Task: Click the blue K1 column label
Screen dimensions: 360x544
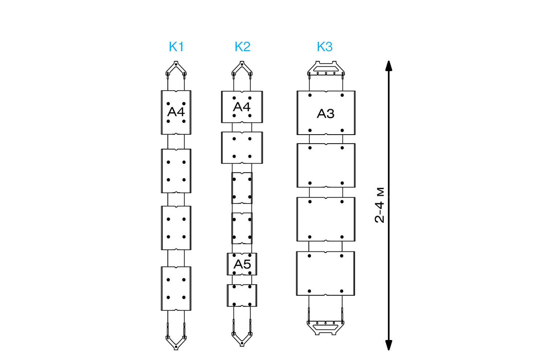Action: pyautogui.click(x=176, y=47)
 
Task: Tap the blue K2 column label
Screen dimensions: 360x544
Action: pyautogui.click(x=242, y=47)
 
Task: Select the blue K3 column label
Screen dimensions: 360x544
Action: pyautogui.click(x=325, y=47)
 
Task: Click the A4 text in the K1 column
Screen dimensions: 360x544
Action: pyautogui.click(x=176, y=112)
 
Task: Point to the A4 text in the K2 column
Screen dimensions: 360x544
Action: pyautogui.click(x=242, y=107)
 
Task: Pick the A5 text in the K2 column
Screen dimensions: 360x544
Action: pyautogui.click(x=242, y=264)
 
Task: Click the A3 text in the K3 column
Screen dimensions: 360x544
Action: pyautogui.click(x=326, y=114)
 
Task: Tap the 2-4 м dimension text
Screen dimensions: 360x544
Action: pyautogui.click(x=380, y=205)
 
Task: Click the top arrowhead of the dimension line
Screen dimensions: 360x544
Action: pyautogui.click(x=389, y=66)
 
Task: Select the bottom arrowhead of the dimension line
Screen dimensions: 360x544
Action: pyautogui.click(x=389, y=345)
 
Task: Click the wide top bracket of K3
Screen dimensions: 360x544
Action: pyautogui.click(x=326, y=69)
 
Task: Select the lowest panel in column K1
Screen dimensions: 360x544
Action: pyautogui.click(x=176, y=289)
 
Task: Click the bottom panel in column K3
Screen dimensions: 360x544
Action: pyautogui.click(x=326, y=273)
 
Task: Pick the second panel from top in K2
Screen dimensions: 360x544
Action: pyautogui.click(x=242, y=148)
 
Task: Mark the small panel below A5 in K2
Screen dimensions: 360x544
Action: pyautogui.click(x=242, y=295)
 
